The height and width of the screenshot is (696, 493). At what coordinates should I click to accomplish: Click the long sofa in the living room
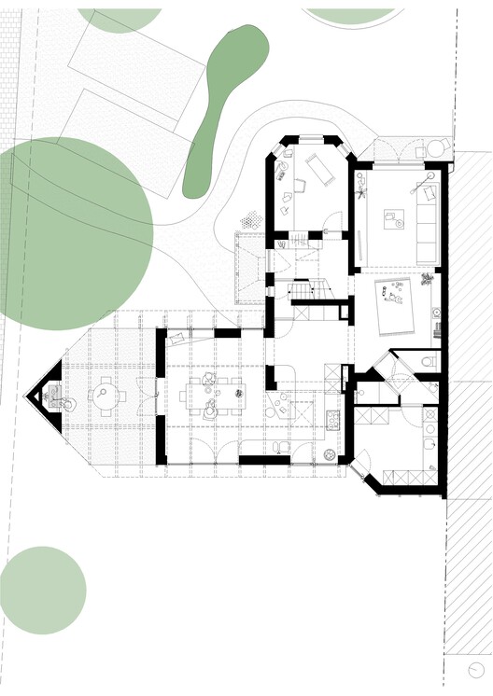click(x=427, y=224)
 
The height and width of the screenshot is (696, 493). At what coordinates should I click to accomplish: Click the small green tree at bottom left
click(x=43, y=591)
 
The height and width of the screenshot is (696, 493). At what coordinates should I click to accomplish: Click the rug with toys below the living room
click(x=400, y=305)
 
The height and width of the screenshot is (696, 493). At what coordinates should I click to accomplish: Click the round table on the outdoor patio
click(x=436, y=150)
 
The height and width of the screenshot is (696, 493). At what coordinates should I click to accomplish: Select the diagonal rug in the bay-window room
click(x=318, y=171)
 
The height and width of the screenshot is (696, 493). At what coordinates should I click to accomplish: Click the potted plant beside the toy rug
click(x=428, y=279)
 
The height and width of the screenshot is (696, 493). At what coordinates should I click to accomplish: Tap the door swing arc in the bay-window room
click(x=331, y=224)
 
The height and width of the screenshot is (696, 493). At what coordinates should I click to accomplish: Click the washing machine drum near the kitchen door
click(x=330, y=454)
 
